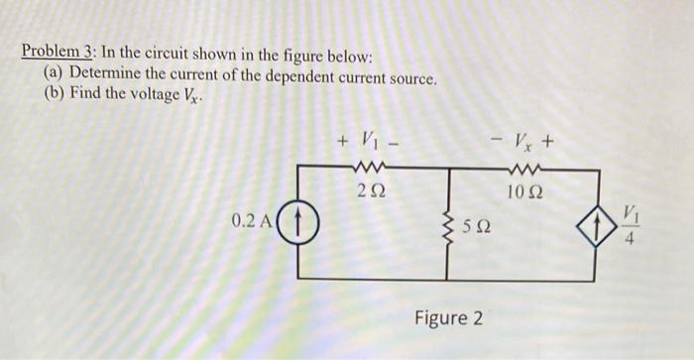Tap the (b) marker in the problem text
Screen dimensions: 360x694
(54, 95)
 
